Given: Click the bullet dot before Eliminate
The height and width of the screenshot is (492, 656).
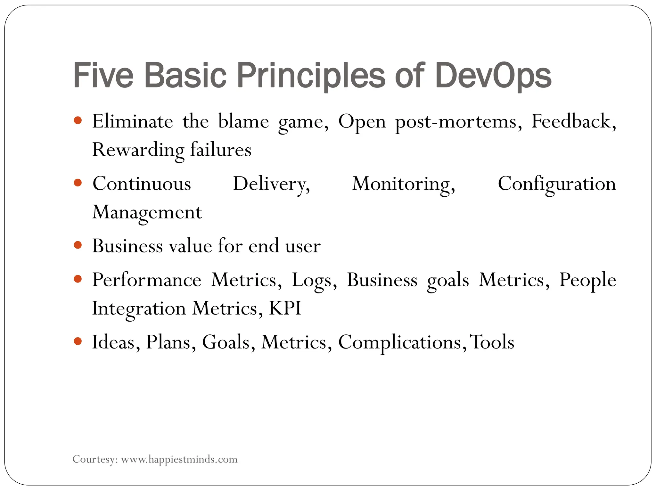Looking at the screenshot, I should pos(78,121).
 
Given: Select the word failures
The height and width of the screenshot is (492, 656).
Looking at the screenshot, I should pos(221,150).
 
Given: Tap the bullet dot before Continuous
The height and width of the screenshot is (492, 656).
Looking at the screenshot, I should pos(78,183).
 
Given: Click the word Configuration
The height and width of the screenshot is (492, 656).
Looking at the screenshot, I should pos(557,184).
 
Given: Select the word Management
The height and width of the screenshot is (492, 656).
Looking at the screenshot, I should pos(147,212).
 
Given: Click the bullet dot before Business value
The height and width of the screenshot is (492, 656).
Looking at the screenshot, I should pos(78,245).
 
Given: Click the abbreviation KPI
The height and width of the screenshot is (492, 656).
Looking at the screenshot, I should pos(285,308).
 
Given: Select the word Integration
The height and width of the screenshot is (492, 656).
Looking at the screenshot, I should pos(139,308).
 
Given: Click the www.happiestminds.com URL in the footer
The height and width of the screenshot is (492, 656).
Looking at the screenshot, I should pos(179,459).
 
